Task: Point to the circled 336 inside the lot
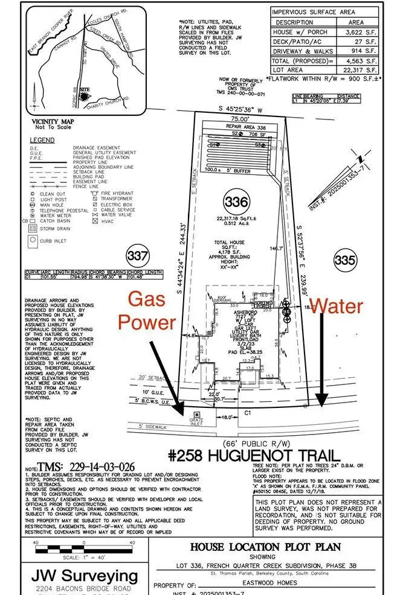point(235,201)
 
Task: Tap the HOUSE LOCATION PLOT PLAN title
point(266,547)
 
